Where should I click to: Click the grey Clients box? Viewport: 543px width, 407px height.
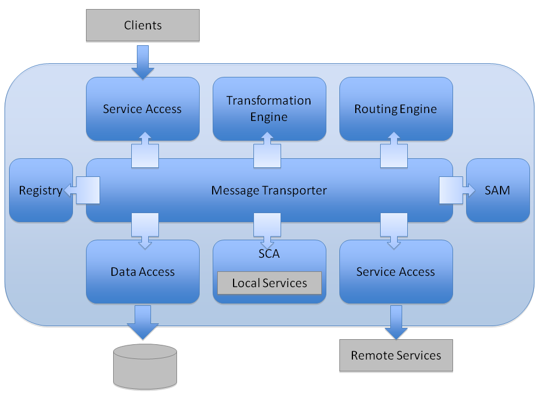click(143, 25)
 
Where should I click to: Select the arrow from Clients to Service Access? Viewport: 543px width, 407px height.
click(143, 61)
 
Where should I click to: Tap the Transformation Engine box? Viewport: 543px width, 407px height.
click(269, 109)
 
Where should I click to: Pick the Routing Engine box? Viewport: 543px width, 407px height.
click(396, 109)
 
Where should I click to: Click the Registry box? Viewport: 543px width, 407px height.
click(41, 190)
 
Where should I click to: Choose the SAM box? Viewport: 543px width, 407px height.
click(498, 190)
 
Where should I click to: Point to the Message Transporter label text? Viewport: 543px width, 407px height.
click(269, 190)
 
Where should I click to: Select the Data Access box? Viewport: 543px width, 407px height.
click(143, 272)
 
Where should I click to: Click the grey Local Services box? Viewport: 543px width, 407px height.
click(269, 283)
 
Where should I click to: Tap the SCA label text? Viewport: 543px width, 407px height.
click(269, 254)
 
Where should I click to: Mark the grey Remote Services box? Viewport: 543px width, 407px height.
click(396, 355)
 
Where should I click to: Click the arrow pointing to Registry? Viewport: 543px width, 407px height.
click(82, 190)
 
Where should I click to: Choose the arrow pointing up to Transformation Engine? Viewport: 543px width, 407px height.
click(267, 150)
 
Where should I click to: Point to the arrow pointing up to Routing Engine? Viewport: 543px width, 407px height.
click(394, 150)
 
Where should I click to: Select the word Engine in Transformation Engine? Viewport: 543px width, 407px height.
click(269, 117)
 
